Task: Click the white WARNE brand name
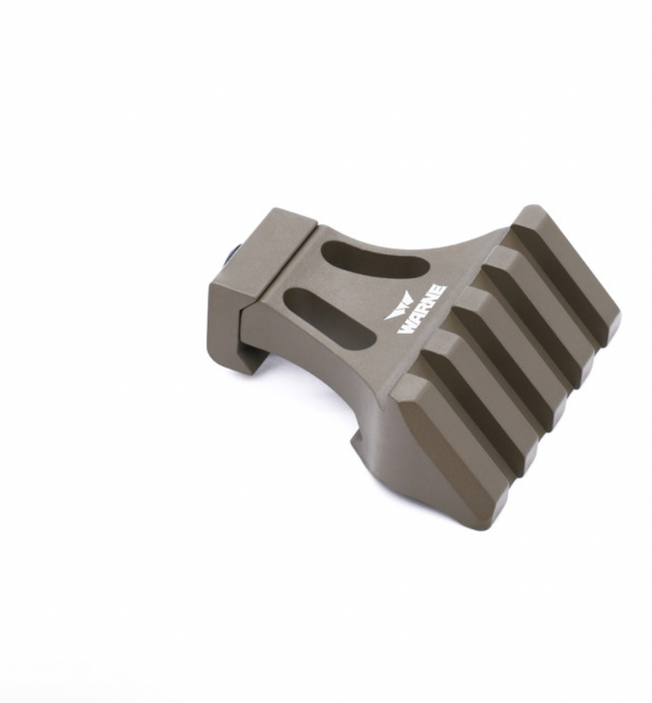tap(422, 310)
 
